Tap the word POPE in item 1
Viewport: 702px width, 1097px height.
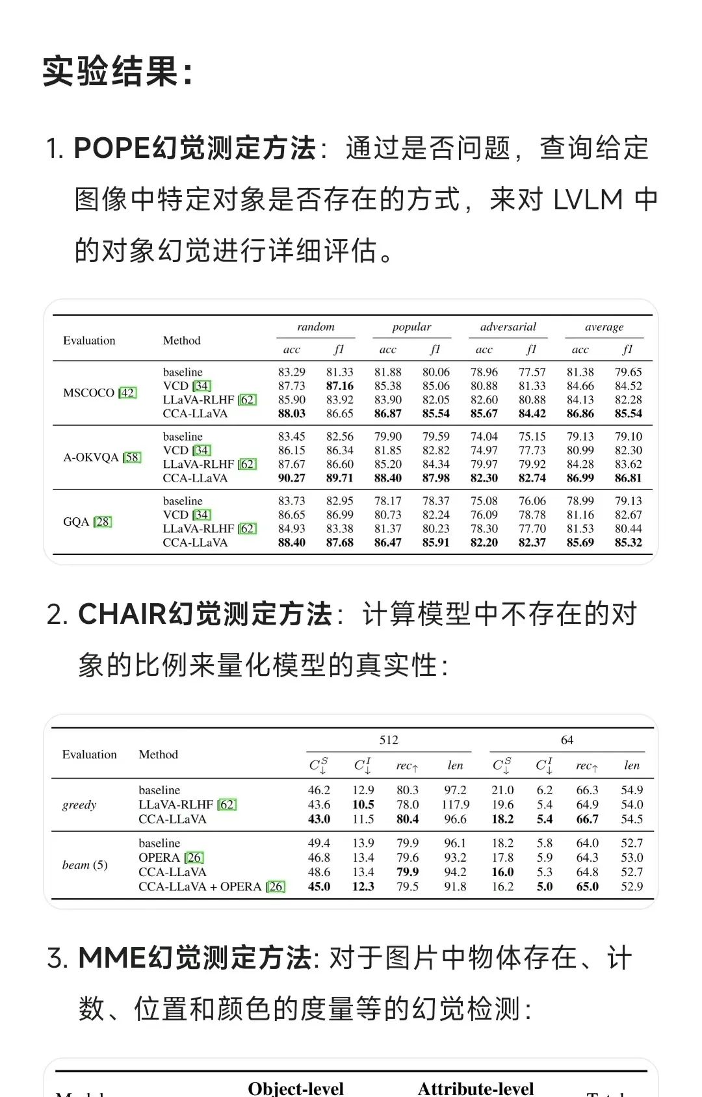[111, 148]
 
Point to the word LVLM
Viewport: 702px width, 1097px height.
[588, 200]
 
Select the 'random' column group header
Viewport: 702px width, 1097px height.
[315, 327]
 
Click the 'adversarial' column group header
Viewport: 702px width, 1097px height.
[508, 327]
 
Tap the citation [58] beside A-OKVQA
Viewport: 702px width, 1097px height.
[132, 457]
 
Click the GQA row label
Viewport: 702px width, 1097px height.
[76, 521]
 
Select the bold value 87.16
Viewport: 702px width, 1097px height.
[339, 386]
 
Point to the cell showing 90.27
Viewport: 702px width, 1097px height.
[291, 478]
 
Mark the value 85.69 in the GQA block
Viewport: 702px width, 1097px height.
[580, 542]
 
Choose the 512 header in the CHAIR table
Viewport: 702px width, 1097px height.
[389, 740]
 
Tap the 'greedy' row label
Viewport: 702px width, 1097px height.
[79, 805]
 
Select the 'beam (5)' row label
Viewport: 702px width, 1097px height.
[84, 864]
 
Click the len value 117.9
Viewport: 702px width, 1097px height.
[455, 805]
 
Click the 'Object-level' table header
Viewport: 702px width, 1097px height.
[296, 1088]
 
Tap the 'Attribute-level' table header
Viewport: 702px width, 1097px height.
[476, 1088]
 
